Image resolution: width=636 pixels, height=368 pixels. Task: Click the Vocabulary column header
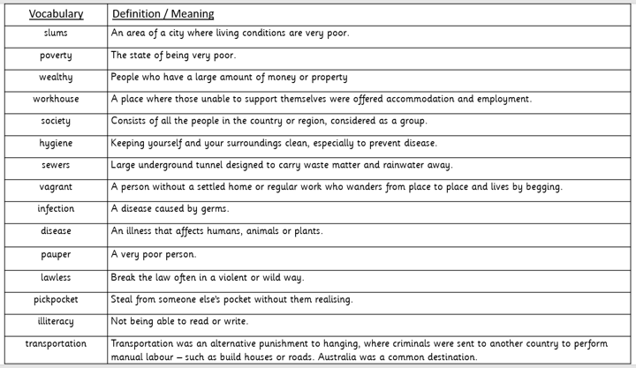(56, 14)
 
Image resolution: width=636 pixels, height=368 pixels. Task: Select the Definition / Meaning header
(163, 14)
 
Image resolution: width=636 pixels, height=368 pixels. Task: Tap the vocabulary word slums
(56, 34)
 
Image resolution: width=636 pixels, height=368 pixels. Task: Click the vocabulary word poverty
(56, 55)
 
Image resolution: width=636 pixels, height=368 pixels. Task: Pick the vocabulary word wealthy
(56, 77)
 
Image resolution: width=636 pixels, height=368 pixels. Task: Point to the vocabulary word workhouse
(56, 99)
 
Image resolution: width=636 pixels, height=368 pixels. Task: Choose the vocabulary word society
(56, 121)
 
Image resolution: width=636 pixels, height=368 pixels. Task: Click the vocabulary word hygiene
(56, 143)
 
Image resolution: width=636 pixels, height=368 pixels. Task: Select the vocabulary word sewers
(56, 165)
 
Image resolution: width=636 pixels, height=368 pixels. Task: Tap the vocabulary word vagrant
(56, 187)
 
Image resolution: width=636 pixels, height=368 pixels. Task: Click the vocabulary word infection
(56, 209)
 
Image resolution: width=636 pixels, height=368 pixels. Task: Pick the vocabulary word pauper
(56, 254)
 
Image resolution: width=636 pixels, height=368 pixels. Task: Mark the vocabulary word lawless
(56, 277)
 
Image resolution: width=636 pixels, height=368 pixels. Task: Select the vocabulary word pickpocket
(56, 299)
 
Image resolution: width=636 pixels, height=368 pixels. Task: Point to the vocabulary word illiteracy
(56, 321)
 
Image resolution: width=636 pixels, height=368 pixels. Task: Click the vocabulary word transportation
(56, 343)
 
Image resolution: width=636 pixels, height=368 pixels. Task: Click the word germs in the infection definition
(213, 209)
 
